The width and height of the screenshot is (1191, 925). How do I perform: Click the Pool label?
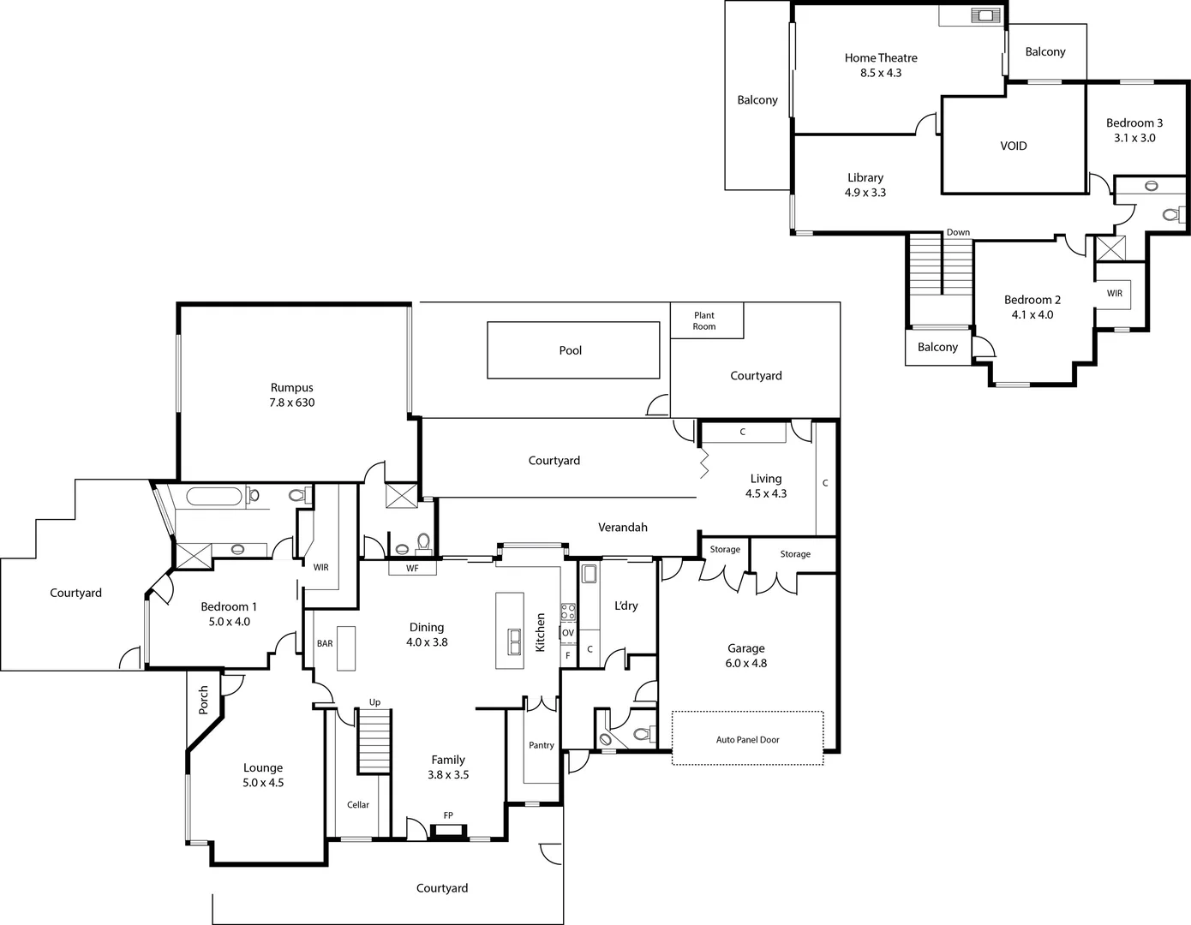pos(570,350)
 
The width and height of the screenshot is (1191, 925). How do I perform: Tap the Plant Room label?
pos(704,321)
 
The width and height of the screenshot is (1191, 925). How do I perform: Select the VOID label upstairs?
pos(1014,146)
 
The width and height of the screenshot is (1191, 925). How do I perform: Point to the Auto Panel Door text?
pos(747,740)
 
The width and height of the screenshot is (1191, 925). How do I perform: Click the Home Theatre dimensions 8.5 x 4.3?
pos(881,74)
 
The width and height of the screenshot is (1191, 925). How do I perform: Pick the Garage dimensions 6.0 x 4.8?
pos(745,663)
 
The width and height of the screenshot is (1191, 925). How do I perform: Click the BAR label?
pos(325,644)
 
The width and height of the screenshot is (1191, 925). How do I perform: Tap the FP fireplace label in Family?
pos(448,815)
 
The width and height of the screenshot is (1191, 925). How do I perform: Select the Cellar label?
pos(358,805)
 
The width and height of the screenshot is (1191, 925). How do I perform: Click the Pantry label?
pos(542,746)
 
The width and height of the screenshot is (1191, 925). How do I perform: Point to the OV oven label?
pos(568,633)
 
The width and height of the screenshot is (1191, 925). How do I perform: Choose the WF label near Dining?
pos(412,568)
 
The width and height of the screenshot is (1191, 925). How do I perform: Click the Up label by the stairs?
pos(374,702)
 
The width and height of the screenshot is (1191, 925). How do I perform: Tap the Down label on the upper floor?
pos(958,233)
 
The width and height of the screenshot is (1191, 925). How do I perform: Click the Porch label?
pos(204,700)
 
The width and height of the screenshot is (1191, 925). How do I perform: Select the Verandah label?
pos(623,528)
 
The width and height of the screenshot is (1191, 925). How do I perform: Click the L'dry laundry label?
pos(626,606)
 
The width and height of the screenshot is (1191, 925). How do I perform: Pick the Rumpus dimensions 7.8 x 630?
pos(292,403)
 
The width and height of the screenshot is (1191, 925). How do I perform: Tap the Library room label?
pos(865,178)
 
